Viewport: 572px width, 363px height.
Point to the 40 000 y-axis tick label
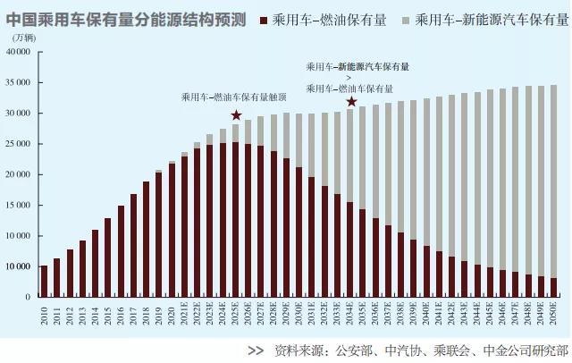[19, 52]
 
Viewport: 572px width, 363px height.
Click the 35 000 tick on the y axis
[19, 82]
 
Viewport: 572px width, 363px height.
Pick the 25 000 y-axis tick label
[19, 144]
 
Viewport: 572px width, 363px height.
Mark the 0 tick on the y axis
[29, 297]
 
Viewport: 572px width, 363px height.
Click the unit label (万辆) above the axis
[24, 38]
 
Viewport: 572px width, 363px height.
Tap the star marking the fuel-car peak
[236, 115]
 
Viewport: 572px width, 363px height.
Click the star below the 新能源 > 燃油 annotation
[352, 102]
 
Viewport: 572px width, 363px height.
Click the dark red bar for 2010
[44, 281]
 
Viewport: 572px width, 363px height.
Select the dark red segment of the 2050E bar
[554, 287]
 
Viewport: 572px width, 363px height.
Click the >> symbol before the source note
[256, 351]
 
